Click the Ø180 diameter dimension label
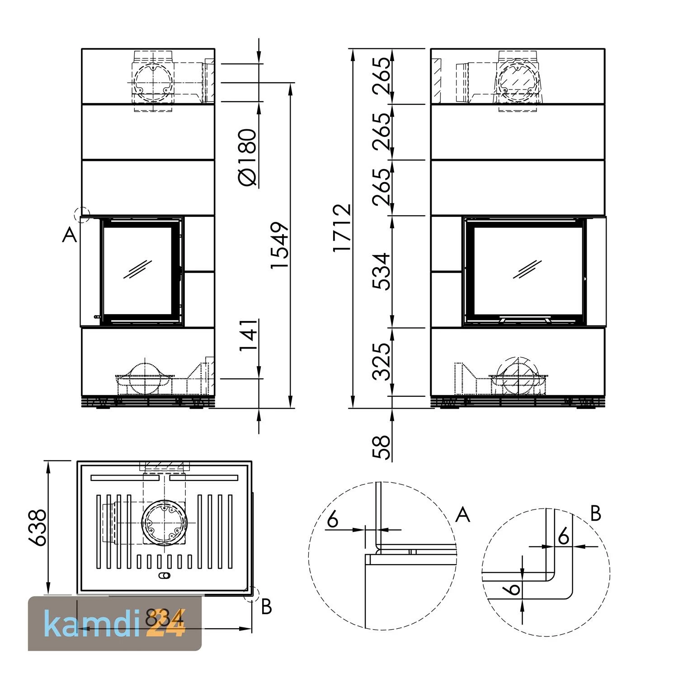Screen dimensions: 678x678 coord(248,157)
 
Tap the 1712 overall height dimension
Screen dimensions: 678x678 coord(342,228)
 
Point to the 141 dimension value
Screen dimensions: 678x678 coord(248,335)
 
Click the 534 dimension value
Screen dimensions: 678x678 coord(381,271)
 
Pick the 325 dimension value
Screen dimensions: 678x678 coord(381,362)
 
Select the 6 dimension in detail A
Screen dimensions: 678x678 coord(333,520)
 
